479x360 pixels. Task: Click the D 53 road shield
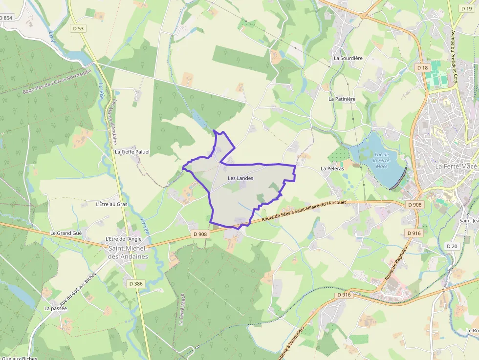tap(78, 28)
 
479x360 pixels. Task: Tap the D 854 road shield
tap(6, 18)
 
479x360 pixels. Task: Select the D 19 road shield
tap(466, 8)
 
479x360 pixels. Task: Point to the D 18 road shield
tap(422, 67)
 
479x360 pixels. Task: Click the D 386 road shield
tap(136, 283)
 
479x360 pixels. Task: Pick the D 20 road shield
tap(452, 246)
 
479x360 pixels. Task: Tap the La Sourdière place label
tap(348, 58)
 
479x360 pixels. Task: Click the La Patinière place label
tap(342, 99)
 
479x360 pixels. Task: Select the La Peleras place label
tap(332, 168)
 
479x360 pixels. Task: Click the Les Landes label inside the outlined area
tap(240, 178)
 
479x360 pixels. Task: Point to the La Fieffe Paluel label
tap(132, 152)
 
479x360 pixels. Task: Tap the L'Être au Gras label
tap(111, 204)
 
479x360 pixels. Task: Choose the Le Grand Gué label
tap(66, 233)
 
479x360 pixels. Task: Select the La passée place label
tap(55, 308)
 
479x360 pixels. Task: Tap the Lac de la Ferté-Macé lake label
tap(381, 160)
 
